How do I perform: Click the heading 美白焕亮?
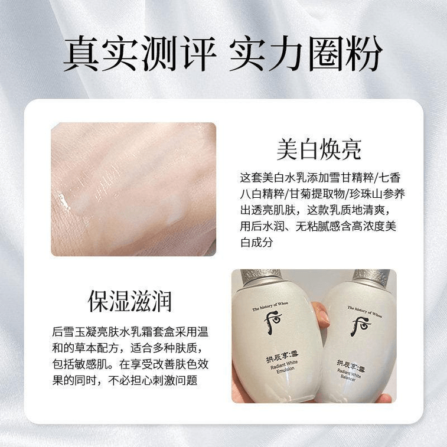[318, 150]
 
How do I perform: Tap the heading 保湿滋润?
[129, 301]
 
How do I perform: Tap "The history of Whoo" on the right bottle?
[365, 309]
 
